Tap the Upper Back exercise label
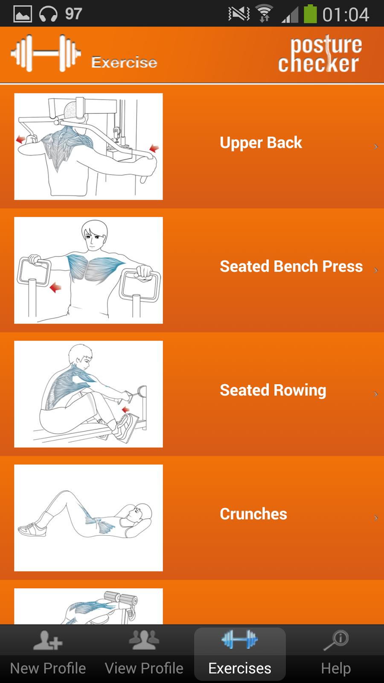261,143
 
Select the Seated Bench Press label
291,266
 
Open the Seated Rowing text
273,391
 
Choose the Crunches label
253,514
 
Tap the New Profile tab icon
48,640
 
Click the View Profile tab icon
144,640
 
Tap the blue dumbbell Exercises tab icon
240,639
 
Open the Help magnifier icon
336,640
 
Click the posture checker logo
320,54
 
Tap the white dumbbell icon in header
46,53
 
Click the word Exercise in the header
124,62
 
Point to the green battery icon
310,14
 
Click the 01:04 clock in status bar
346,15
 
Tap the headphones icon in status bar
48,15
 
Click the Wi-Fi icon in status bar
264,14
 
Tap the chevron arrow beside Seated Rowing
376,394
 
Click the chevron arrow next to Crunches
376,518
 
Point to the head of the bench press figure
94,235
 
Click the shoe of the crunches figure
32,529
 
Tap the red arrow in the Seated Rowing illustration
125,409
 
